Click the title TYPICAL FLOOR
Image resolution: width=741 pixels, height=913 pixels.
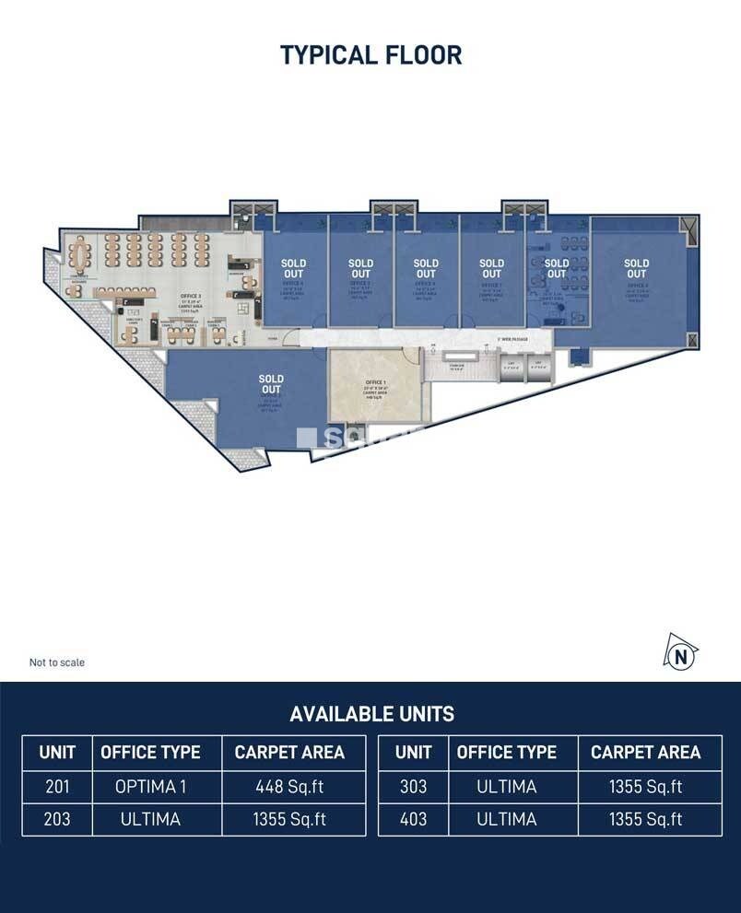pyautogui.click(x=370, y=55)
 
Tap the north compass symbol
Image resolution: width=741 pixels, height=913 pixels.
pyautogui.click(x=680, y=655)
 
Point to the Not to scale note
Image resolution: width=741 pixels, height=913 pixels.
pyautogui.click(x=57, y=662)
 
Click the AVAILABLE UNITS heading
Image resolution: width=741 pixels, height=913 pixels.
pyautogui.click(x=371, y=714)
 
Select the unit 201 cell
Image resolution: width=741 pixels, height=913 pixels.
pyautogui.click(x=57, y=787)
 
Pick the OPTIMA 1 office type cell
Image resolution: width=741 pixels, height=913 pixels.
pyautogui.click(x=151, y=787)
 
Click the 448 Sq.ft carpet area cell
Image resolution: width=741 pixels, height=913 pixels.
pyautogui.click(x=289, y=787)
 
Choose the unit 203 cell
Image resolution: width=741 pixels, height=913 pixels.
pyautogui.click(x=57, y=819)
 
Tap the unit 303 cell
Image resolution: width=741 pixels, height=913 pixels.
pyautogui.click(x=413, y=787)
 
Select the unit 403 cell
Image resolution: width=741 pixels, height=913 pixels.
pyautogui.click(x=413, y=819)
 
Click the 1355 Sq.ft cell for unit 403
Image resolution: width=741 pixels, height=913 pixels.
pyautogui.click(x=645, y=819)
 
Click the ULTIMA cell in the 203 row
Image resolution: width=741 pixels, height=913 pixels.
pyautogui.click(x=151, y=819)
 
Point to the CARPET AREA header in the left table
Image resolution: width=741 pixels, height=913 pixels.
pyautogui.click(x=289, y=753)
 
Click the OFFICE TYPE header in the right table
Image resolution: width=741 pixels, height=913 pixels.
pyautogui.click(x=507, y=753)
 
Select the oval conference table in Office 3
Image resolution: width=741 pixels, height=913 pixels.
pyautogui.click(x=81, y=251)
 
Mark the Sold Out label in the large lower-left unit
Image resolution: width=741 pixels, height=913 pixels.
pyautogui.click(x=271, y=384)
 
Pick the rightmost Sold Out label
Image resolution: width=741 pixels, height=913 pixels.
pyautogui.click(x=636, y=268)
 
